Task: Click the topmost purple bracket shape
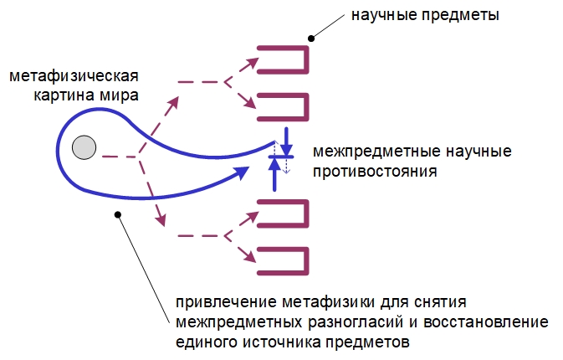click(284, 60)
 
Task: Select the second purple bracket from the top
click(284, 107)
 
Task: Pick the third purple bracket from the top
click(284, 214)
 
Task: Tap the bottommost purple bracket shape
click(284, 260)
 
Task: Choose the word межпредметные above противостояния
click(363, 152)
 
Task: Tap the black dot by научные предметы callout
click(311, 36)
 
